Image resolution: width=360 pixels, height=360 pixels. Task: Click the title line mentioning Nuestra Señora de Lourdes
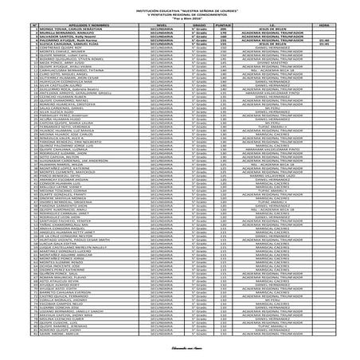coord(179,6)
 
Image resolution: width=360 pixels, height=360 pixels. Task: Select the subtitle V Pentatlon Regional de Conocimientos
coord(179,11)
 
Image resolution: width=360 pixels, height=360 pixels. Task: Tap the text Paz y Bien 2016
coord(179,15)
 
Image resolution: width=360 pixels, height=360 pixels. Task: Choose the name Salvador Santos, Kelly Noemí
coord(59,35)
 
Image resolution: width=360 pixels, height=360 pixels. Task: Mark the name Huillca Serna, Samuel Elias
coord(59,44)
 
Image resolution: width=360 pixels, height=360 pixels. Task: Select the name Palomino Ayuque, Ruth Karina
coord(59,40)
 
